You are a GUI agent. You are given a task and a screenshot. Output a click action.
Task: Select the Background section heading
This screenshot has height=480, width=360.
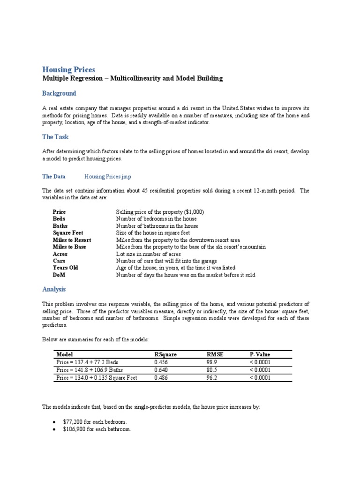[59, 93]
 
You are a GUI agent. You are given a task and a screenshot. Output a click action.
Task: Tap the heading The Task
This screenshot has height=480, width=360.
[55, 137]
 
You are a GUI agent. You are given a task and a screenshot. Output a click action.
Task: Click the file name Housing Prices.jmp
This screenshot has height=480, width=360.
[108, 177]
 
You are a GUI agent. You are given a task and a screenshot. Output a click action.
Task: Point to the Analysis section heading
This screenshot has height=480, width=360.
[54, 289]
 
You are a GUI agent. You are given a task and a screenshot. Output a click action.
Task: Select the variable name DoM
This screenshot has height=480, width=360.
[59, 275]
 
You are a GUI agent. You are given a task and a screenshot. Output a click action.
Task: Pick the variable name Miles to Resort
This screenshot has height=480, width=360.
[72, 240]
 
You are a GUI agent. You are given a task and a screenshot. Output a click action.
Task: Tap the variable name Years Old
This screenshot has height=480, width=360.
[65, 268]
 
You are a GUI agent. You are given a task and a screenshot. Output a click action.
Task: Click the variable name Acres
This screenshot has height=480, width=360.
[60, 254]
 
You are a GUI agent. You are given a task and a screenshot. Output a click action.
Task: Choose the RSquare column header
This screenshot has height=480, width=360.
[165, 354]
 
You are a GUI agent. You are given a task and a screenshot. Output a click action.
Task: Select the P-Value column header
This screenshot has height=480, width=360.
[260, 354]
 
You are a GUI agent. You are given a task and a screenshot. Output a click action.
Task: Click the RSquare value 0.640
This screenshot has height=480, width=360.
[161, 370]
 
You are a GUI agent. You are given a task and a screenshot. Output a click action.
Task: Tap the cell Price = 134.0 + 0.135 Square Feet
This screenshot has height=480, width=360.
[97, 377]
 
